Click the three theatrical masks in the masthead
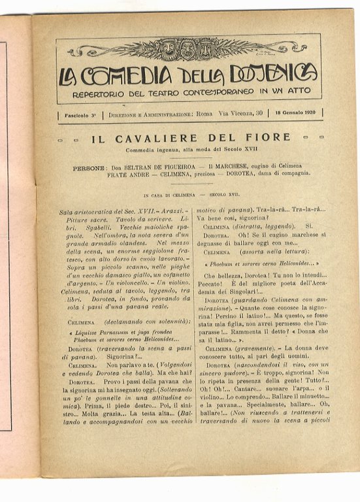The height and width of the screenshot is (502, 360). point(188,49)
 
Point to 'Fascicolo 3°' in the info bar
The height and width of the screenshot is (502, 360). point(80,114)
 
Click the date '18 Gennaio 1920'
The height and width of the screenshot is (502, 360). point(295,113)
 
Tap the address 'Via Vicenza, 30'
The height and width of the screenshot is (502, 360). point(240,114)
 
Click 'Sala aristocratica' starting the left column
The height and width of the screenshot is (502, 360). point(86,212)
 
